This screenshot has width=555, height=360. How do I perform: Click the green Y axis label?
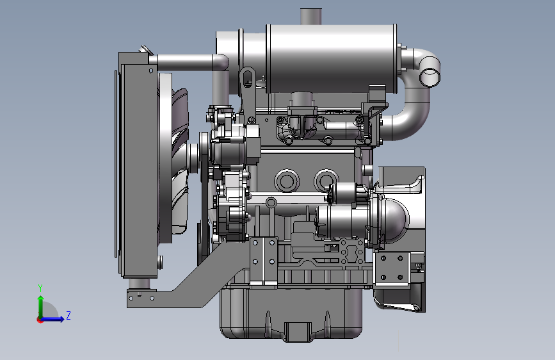tap(40, 288)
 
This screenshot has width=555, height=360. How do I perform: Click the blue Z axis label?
tap(68, 315)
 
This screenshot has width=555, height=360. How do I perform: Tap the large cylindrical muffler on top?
tap(332, 59)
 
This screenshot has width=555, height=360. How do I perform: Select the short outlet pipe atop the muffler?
tap(311, 16)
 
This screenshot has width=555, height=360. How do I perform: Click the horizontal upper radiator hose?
tap(188, 62)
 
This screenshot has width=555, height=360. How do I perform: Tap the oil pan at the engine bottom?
tap(291, 312)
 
